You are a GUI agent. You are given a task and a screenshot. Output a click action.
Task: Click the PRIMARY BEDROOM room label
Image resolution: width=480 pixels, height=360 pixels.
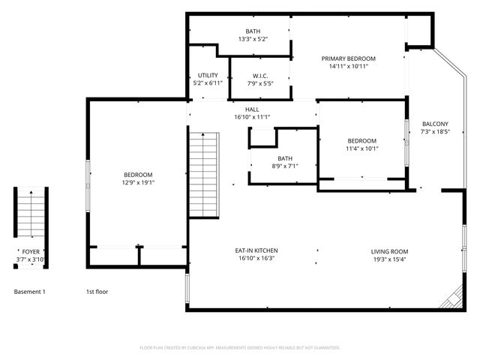tap(348, 58)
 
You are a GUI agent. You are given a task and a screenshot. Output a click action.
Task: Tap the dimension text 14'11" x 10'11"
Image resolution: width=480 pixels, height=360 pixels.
tap(348, 66)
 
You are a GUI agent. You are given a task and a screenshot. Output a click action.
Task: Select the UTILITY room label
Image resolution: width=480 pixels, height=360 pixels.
tap(208, 75)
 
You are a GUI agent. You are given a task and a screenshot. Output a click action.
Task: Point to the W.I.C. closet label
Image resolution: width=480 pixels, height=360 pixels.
tap(260, 75)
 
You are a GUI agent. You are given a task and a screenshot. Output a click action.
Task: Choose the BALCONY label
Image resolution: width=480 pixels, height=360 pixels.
tap(435, 124)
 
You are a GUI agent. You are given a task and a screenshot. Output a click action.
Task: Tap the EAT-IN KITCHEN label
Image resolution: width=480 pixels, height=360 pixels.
tap(257, 251)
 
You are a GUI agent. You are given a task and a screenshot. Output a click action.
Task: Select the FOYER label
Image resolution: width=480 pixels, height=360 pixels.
tap(31, 252)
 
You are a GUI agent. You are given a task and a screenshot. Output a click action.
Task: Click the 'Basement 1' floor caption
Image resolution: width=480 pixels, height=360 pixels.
tap(30, 291)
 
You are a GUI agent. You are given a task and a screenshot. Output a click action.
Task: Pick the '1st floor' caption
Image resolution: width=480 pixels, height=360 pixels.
tap(97, 291)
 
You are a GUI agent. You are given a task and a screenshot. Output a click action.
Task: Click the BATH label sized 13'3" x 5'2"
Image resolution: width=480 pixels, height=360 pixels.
tap(253, 31)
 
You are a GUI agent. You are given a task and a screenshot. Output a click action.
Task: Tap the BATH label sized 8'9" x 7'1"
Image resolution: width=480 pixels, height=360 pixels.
tap(284, 158)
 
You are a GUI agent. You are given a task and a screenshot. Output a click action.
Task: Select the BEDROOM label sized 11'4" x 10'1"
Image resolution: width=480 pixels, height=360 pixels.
tap(361, 141)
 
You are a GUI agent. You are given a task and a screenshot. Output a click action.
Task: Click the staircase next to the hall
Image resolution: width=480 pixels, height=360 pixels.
tap(203, 174)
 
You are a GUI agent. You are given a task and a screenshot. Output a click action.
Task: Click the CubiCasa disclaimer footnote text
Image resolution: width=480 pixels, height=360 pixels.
tap(240, 347)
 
